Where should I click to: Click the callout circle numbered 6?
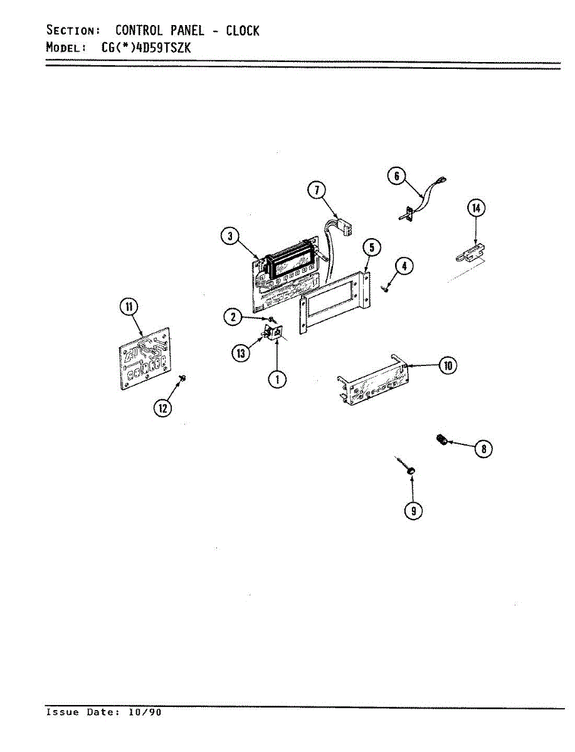[x=396, y=176]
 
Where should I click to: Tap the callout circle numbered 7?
[x=317, y=190]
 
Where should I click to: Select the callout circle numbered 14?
[x=477, y=208]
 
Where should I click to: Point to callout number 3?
[x=230, y=236]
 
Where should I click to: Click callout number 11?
[x=129, y=306]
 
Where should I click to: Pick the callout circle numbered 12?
[x=163, y=408]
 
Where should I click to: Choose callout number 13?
[x=241, y=353]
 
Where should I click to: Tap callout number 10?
[x=448, y=366]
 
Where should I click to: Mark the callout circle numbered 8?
[x=483, y=449]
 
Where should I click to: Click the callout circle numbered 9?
[x=413, y=511]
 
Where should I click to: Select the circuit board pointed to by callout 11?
[x=145, y=358]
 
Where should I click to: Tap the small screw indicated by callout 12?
[x=183, y=379]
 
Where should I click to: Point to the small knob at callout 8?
[x=441, y=440]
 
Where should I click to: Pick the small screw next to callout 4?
[x=386, y=290]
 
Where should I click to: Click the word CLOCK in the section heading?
[x=242, y=31]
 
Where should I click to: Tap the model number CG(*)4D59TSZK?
[x=146, y=47]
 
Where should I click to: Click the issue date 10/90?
[x=145, y=713]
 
